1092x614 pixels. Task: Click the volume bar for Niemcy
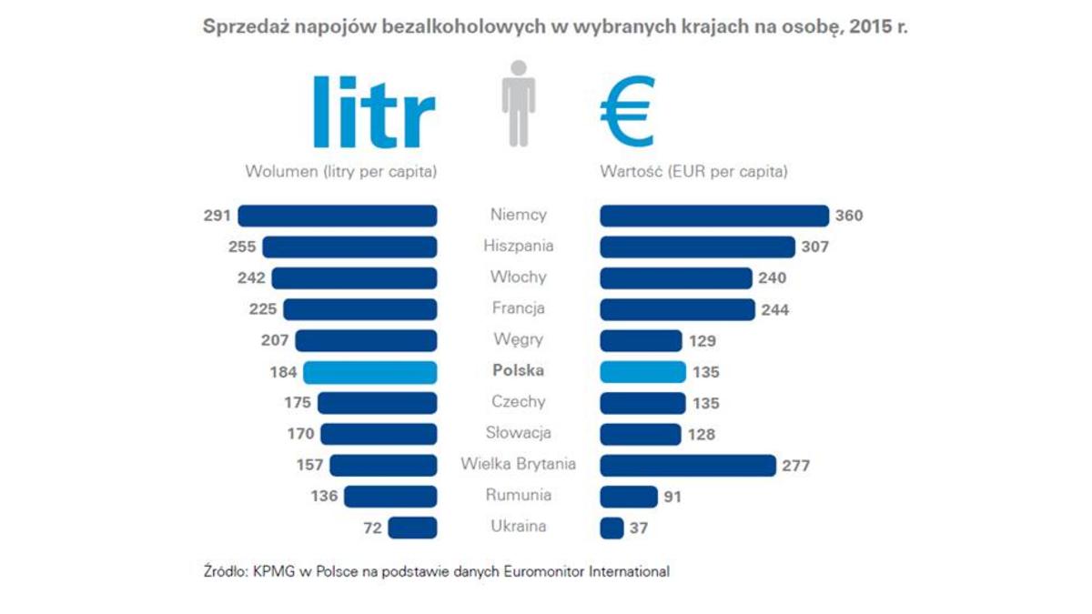pos(337,216)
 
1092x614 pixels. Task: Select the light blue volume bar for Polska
pos(369,372)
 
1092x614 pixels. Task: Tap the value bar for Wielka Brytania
pos(687,466)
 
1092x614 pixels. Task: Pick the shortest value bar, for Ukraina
pos(612,528)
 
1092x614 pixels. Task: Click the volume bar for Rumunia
pos(390,497)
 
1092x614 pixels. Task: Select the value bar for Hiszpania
pos(697,247)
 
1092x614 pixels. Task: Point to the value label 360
pos(849,216)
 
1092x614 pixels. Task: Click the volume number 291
pos(218,216)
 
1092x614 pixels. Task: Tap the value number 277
pos(795,467)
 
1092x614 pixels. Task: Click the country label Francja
pos(518,308)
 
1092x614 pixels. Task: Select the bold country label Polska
pos(518,371)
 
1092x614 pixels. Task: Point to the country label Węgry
pos(518,339)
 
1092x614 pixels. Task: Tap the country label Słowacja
pos(518,433)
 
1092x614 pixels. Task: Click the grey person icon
pos(519,103)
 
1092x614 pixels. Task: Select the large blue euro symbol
pos(627,110)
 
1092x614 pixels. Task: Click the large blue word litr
pos(373,113)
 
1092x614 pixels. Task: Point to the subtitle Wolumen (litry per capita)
pos(340,171)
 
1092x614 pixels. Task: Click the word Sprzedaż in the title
pos(239,26)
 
